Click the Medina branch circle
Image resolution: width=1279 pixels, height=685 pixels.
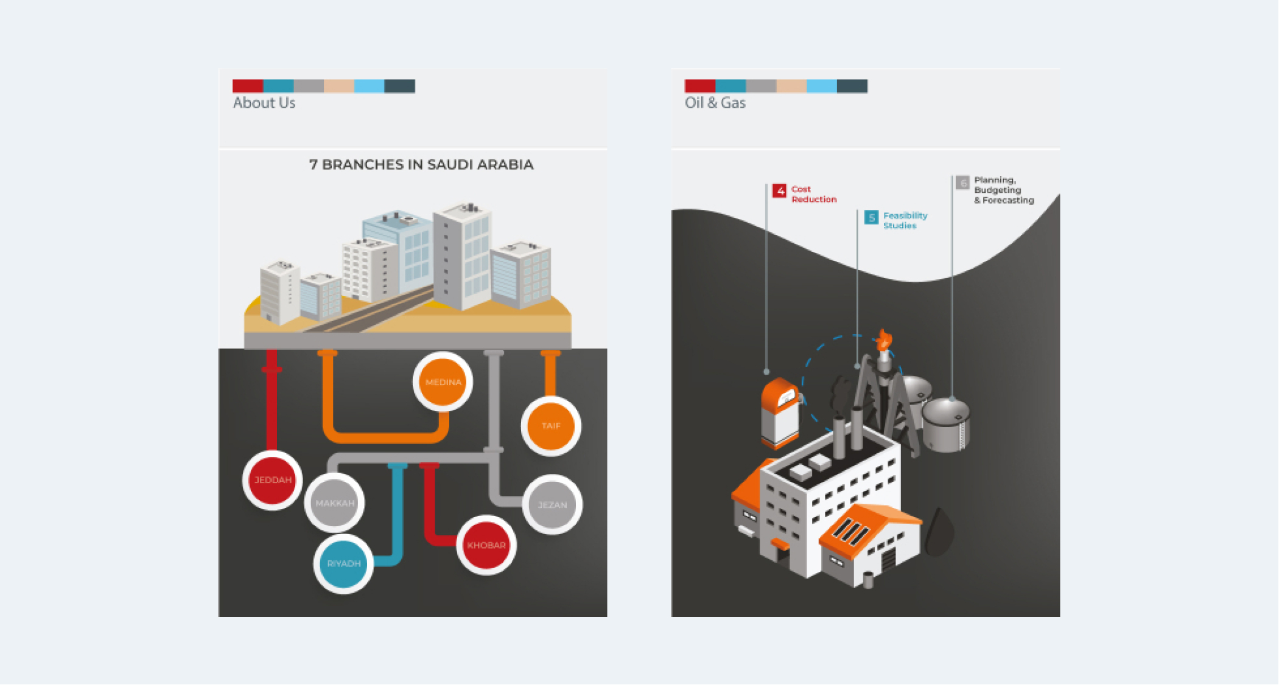443,382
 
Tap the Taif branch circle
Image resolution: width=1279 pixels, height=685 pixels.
551,426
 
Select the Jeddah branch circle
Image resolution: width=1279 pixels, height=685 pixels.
273,480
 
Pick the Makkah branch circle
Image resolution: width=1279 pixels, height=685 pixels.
334,503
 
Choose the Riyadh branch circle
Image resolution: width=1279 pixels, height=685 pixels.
343,563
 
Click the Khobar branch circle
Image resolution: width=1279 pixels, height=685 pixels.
486,545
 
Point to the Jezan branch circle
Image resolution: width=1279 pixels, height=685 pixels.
552,505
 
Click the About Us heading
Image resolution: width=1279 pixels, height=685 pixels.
264,103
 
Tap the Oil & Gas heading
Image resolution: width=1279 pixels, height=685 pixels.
715,103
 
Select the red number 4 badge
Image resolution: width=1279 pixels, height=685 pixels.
779,191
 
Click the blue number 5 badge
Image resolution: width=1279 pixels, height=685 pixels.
871,217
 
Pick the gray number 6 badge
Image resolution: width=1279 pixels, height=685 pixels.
962,183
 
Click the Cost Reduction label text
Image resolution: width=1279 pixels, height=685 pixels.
813,194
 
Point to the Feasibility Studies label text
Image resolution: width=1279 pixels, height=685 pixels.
905,220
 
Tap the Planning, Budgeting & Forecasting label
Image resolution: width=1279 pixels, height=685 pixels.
1003,190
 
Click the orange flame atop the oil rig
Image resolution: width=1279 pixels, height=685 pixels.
884,340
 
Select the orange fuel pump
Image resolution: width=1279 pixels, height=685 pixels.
780,414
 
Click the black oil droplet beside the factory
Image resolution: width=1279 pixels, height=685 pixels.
939,532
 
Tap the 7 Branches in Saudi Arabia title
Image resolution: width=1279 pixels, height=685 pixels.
421,165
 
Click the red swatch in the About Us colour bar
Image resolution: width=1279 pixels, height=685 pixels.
248,86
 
